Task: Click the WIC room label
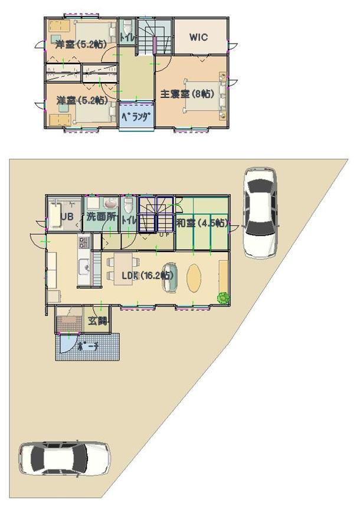[198, 37]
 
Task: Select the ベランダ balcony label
[136, 116]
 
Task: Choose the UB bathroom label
[67, 216]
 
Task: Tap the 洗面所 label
[100, 216]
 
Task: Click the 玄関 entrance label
[98, 321]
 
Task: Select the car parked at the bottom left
[64, 458]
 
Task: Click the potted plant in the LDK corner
[222, 298]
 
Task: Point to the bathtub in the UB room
[55, 217]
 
